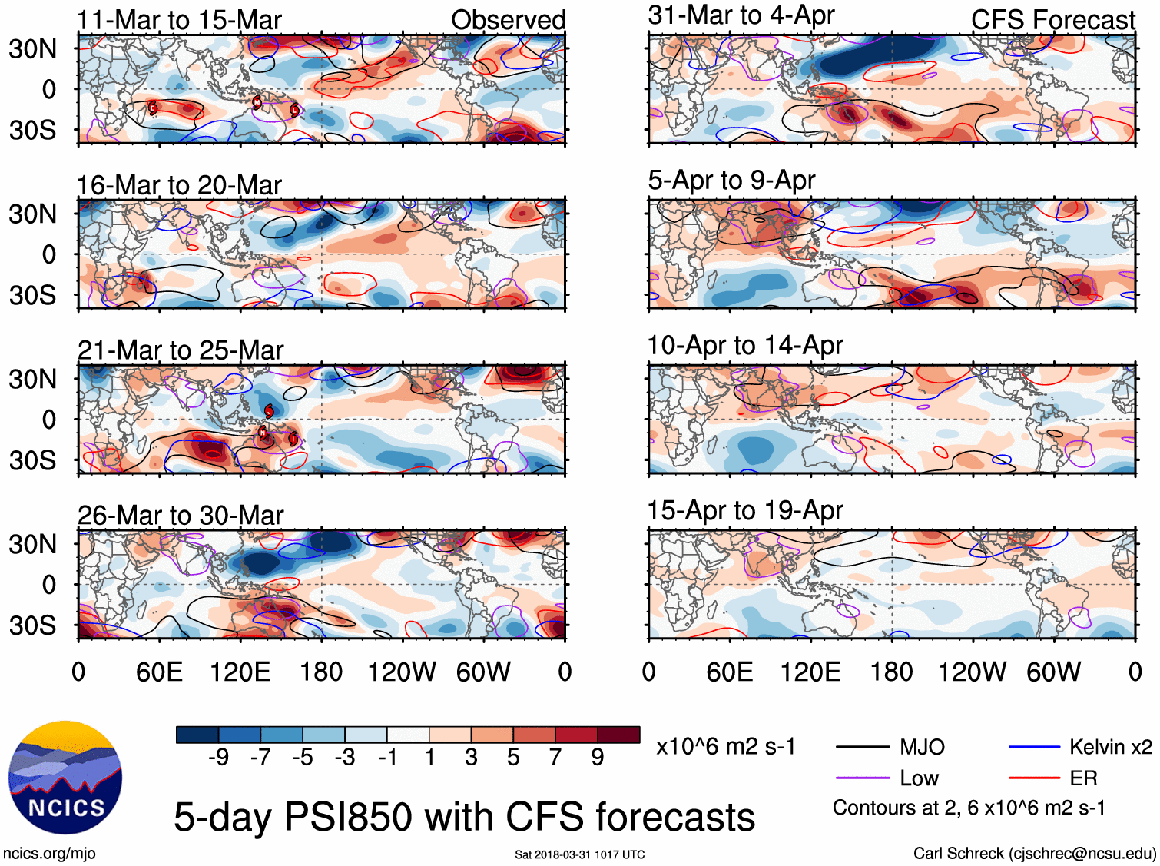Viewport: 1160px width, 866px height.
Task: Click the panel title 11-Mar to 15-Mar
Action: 179,20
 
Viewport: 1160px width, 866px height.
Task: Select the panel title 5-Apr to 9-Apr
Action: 731,181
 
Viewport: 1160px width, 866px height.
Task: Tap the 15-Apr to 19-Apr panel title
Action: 745,511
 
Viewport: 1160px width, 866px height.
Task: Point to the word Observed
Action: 508,20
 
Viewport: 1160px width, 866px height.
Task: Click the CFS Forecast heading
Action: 1052,20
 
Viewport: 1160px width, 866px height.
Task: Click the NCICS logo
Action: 65,778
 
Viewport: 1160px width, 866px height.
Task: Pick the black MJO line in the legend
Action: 863,747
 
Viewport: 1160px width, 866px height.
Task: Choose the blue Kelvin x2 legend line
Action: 1034,747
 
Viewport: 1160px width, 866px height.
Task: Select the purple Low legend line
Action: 863,778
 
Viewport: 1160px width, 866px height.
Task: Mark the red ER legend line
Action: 1034,778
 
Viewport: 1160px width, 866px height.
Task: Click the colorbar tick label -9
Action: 218,758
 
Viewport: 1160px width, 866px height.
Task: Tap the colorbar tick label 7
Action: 555,758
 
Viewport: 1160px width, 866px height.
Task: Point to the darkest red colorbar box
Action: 618,735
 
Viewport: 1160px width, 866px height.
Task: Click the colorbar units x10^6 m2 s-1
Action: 725,747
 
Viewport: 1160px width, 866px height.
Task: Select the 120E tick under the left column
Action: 240,672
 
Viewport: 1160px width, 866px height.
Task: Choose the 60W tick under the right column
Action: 1053,672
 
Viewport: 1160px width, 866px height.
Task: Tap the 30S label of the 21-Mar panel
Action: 32,461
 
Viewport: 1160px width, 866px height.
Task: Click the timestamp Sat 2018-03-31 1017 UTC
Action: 580,854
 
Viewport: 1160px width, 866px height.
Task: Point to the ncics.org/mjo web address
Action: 49,853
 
